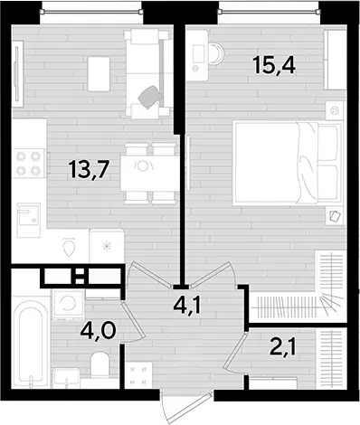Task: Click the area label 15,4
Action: click(x=274, y=65)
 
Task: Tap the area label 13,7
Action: click(x=89, y=169)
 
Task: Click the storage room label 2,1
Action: click(x=283, y=346)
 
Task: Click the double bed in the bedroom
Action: click(x=288, y=163)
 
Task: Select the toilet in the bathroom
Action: click(x=100, y=364)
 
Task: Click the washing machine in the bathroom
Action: click(x=68, y=305)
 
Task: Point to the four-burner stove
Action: click(x=29, y=164)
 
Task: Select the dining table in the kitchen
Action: click(x=150, y=173)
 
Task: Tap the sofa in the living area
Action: click(x=147, y=73)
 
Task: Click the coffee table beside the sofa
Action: click(x=99, y=74)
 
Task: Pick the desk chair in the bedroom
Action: click(x=217, y=53)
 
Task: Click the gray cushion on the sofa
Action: click(x=151, y=97)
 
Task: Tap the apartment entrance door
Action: click(x=187, y=408)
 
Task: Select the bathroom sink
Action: click(x=66, y=377)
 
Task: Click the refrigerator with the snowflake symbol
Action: click(x=107, y=246)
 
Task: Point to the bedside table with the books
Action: click(x=335, y=216)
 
